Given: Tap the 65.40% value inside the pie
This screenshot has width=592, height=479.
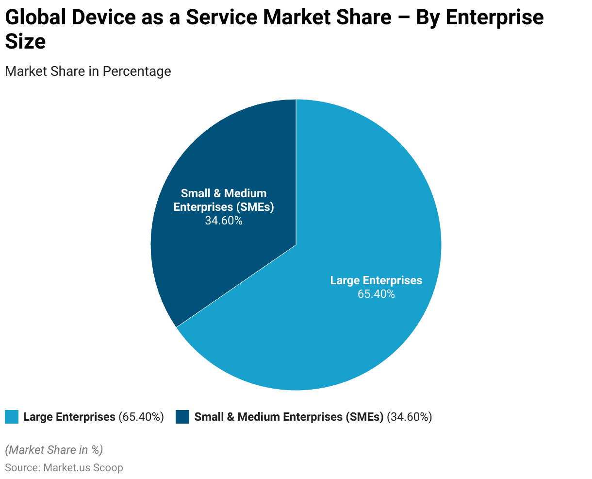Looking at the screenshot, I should (376, 294).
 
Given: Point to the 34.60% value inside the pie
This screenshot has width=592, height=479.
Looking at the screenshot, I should (224, 221).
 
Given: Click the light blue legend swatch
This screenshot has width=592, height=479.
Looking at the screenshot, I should (12, 417).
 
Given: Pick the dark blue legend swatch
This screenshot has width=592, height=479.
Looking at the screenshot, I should (182, 417).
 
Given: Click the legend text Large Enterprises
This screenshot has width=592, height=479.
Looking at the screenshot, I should (69, 417).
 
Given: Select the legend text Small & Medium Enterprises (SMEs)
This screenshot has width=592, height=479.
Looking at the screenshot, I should (289, 417).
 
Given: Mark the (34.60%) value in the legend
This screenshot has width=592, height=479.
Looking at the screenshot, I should (409, 417).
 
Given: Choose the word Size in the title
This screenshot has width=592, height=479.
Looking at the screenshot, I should (25, 42).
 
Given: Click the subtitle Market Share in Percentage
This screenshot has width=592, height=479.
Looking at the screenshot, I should (88, 71).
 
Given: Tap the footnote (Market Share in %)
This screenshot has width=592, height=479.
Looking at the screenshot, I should (54, 450).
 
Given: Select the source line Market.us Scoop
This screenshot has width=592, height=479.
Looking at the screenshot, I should (83, 468).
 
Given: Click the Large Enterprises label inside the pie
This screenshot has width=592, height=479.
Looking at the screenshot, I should (376, 280).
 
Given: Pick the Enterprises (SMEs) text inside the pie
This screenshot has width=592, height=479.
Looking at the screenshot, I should (224, 207).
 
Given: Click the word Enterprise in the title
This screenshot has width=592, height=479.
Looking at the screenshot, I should (494, 18).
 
